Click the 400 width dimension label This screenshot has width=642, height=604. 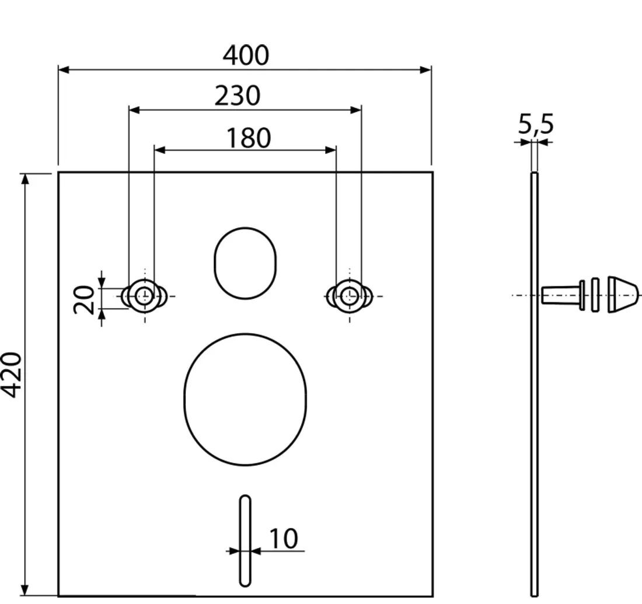246,55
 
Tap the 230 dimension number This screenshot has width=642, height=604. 238,96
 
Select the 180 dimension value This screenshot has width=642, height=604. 248,138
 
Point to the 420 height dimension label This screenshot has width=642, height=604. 12,375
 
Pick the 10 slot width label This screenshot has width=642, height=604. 283,539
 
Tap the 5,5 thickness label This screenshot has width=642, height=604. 536,124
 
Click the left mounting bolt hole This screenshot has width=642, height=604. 144,296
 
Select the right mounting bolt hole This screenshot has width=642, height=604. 349,296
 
